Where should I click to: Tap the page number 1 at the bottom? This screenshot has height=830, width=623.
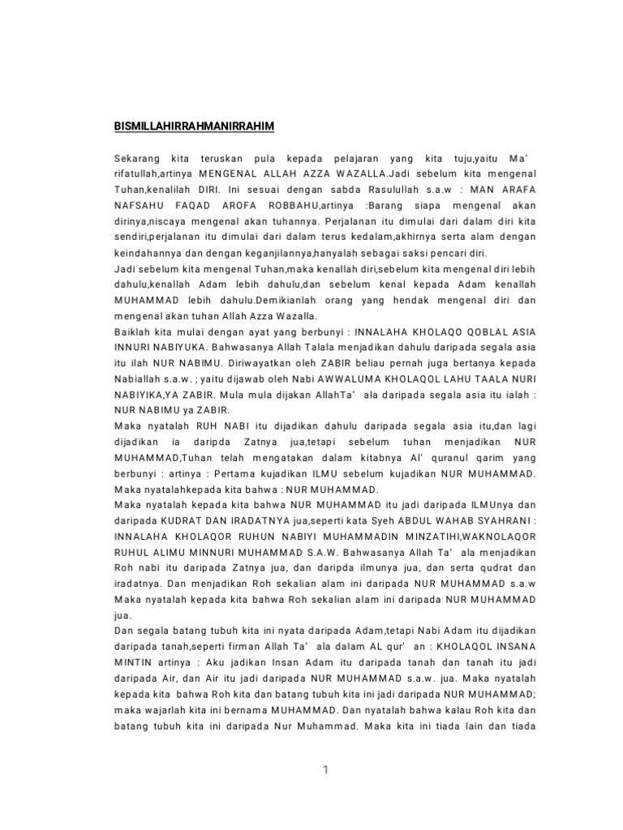[x=325, y=771]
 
